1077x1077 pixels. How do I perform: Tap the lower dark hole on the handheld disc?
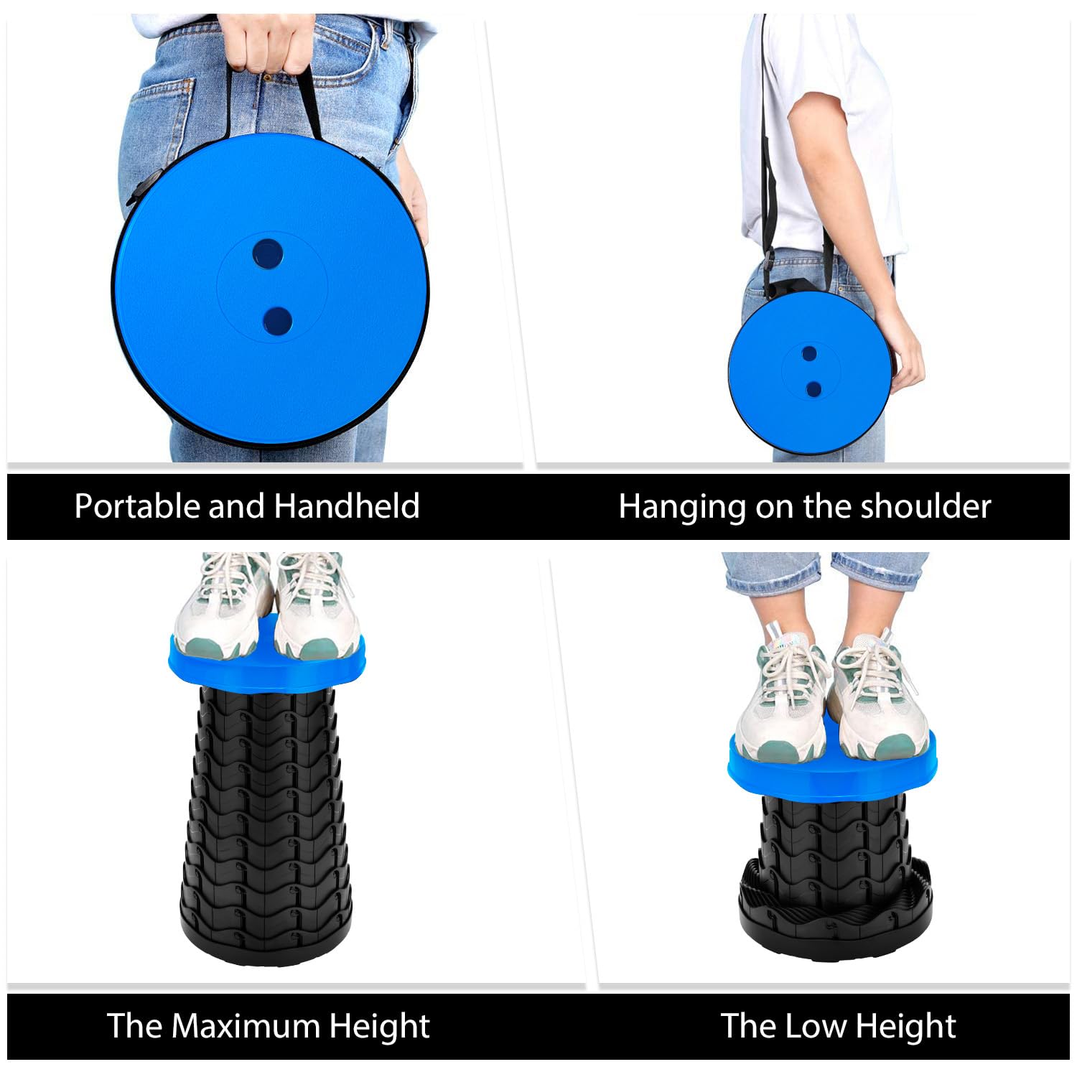pos(277,321)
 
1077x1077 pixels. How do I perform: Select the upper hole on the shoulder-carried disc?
pos(809,353)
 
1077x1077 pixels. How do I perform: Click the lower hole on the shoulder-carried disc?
pos(813,388)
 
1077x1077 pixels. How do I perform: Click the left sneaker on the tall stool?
pos(223,610)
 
